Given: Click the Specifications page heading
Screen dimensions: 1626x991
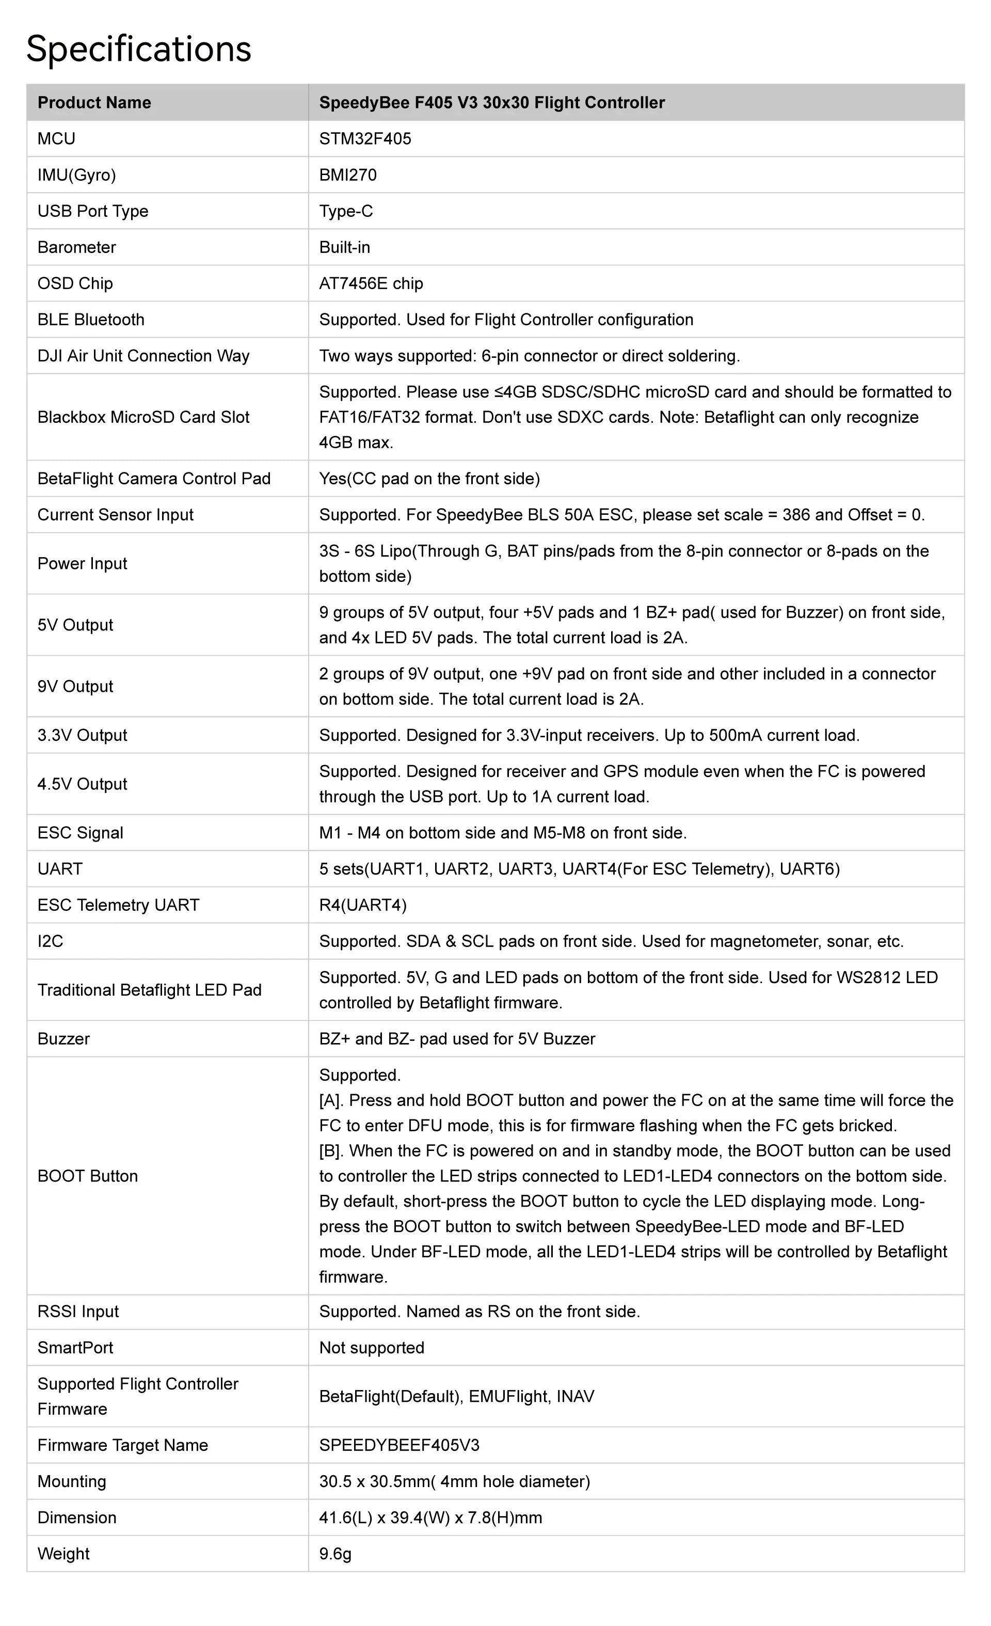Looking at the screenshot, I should pos(138,49).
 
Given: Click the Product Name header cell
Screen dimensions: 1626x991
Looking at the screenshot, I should pos(94,102).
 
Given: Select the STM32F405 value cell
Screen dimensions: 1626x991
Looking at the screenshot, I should pos(365,138).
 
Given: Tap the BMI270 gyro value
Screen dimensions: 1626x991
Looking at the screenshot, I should pos(348,175).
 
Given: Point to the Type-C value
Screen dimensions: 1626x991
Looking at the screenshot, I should pos(346,211).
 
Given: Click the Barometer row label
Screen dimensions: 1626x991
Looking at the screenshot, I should pos(76,247).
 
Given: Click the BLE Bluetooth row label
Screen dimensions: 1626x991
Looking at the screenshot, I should pos(90,320).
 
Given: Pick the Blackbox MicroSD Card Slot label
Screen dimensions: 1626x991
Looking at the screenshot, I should pos(143,417).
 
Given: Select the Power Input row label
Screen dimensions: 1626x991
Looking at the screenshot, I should pos(82,563).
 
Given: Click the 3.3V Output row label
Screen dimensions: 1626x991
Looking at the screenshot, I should pos(82,735).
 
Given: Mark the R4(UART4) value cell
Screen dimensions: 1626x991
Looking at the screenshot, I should pos(363,905).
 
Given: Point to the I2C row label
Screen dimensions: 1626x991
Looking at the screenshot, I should pos(50,941).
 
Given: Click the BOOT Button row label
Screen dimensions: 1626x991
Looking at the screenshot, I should pos(88,1176).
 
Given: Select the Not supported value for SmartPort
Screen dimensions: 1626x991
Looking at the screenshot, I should pos(372,1348).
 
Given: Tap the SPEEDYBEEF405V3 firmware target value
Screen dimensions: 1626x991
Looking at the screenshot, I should pos(399,1445).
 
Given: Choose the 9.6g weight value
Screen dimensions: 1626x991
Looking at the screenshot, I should pos(335,1553).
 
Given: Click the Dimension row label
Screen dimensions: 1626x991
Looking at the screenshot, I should pos(76,1517).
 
